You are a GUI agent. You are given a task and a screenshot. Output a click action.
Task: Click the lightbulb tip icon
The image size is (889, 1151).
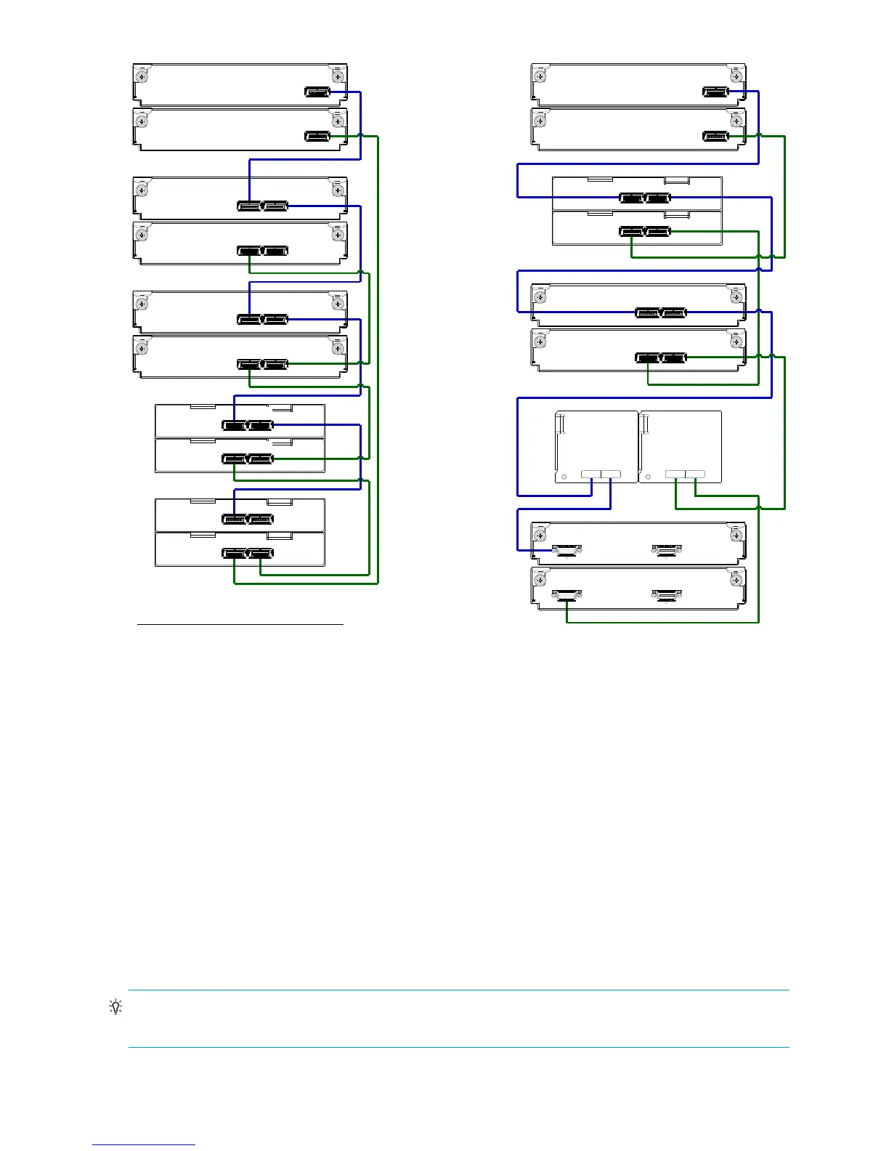115,1007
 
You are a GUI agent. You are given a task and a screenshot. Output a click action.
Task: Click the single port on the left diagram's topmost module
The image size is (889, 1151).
317,92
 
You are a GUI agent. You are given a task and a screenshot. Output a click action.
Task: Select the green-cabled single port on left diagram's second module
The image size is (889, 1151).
317,136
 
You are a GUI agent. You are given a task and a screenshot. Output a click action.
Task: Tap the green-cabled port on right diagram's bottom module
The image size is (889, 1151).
567,597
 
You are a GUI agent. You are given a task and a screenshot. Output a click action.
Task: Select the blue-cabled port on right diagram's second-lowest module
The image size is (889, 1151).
567,550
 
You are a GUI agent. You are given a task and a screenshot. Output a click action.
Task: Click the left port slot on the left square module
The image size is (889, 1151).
591,474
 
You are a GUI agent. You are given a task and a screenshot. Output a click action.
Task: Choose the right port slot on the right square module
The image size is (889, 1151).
695,474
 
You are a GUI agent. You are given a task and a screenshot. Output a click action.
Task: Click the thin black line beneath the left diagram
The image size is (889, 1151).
240,623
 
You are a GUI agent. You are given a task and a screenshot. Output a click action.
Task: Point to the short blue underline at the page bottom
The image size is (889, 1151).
144,1144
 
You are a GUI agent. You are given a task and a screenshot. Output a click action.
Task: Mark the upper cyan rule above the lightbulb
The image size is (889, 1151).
458,990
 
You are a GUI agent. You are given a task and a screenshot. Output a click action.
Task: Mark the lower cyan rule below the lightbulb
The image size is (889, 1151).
458,1047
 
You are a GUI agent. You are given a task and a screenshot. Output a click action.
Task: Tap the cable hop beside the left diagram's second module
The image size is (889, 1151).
361,136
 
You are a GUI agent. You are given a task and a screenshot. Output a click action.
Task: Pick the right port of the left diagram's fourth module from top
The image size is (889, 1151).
276,251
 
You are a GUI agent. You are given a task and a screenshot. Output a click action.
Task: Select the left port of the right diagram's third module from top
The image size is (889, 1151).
632,198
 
